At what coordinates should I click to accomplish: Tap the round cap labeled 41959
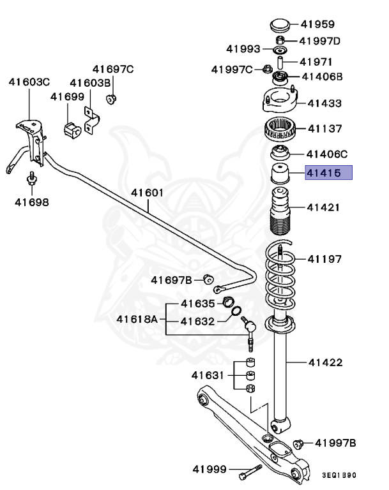pyautogui.click(x=278, y=27)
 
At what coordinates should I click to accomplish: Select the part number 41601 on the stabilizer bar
pyautogui.click(x=148, y=192)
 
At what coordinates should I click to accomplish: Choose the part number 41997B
pyautogui.click(x=335, y=443)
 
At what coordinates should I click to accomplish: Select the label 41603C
pyautogui.click(x=29, y=82)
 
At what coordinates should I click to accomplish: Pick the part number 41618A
pyautogui.click(x=137, y=318)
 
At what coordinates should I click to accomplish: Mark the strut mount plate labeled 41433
pyautogui.click(x=278, y=102)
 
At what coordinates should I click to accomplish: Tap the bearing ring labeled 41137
pyautogui.click(x=278, y=131)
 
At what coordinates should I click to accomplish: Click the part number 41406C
pyautogui.click(x=327, y=154)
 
